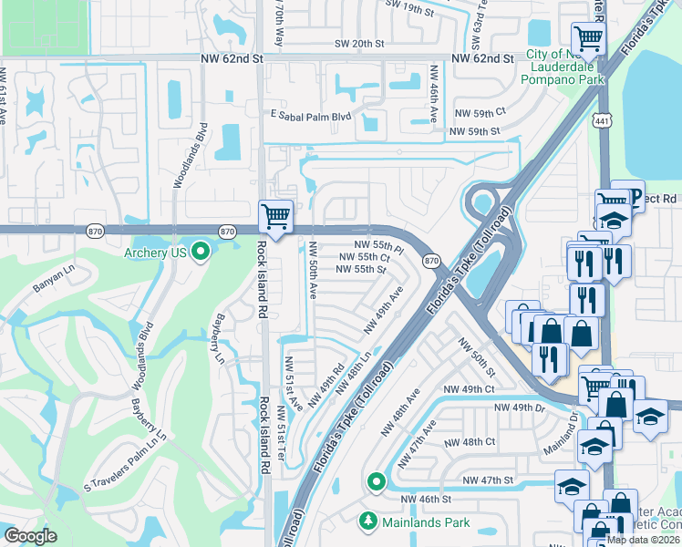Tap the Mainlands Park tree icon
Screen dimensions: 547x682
point(368,522)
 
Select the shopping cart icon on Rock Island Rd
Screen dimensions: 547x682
point(275,216)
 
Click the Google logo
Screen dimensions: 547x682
point(30,536)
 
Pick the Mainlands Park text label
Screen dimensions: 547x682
point(427,523)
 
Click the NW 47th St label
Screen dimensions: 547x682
point(489,480)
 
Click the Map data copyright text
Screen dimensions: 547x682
point(644,540)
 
